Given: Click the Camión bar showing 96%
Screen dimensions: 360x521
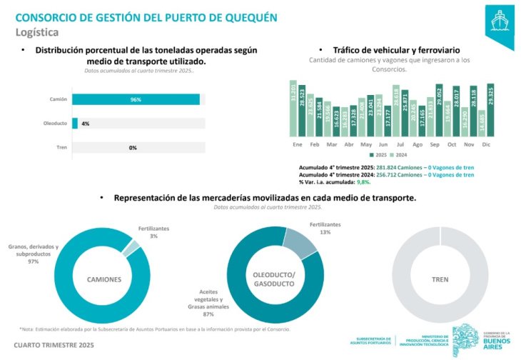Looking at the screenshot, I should pyautogui.click(x=136, y=99).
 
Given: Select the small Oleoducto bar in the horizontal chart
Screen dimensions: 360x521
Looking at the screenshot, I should pyautogui.click(x=75, y=124).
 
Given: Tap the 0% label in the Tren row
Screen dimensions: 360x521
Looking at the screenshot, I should pyautogui.click(x=133, y=148).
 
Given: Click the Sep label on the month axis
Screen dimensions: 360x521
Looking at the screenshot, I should pyautogui.click(x=435, y=144).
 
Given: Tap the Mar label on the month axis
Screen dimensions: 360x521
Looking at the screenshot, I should pyautogui.click(x=331, y=144).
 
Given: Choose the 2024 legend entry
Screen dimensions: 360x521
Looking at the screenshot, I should pyautogui.click(x=400, y=154).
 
